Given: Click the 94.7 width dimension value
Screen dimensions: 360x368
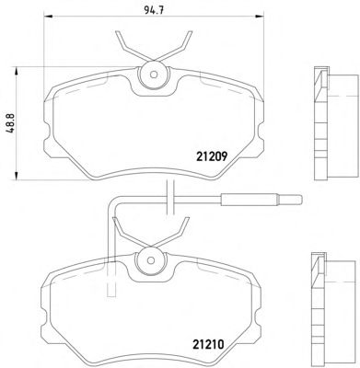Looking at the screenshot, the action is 154,10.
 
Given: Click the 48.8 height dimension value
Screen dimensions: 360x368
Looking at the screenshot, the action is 11,122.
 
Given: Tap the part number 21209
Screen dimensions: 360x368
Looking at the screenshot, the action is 212,157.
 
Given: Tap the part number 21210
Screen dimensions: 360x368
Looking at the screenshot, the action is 209,345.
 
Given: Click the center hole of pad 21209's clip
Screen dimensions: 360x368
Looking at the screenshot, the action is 154,75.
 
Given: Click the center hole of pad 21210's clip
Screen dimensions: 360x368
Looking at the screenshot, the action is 151,260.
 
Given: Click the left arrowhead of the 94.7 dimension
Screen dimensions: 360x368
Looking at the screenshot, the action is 49,17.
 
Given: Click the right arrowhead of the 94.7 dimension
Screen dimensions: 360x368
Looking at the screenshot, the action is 260,17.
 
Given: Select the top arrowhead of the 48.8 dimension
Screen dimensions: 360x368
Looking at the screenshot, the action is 16,73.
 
